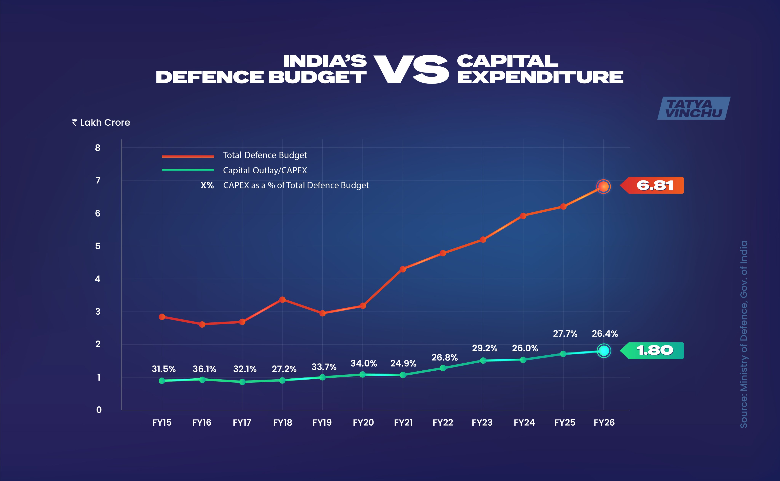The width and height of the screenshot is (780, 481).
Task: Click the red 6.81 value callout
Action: pyautogui.click(x=654, y=185)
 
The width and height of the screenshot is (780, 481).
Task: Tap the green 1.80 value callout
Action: pyautogui.click(x=654, y=351)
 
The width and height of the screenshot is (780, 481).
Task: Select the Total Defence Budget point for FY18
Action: pyautogui.click(x=282, y=300)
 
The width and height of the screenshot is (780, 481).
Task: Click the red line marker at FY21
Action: pyautogui.click(x=403, y=269)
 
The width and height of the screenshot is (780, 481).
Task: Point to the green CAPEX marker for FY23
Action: pyautogui.click(x=483, y=361)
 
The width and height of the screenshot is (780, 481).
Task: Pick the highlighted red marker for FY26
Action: pyautogui.click(x=603, y=186)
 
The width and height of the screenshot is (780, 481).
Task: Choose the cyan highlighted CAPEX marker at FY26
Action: pyautogui.click(x=604, y=351)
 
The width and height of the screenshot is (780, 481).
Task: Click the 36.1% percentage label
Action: pyautogui.click(x=204, y=369)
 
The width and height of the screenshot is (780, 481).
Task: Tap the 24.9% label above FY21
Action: pyautogui.click(x=403, y=363)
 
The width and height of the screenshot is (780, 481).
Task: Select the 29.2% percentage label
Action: pyautogui.click(x=484, y=348)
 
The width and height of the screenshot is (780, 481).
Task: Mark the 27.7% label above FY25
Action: pyautogui.click(x=565, y=333)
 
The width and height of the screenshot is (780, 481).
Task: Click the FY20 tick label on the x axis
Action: pyautogui.click(x=363, y=422)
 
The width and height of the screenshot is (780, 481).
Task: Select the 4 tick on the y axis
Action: pyautogui.click(x=98, y=279)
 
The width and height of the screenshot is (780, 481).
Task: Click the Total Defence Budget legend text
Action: pyautogui.click(x=265, y=155)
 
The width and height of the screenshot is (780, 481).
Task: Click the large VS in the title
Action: pyautogui.click(x=411, y=69)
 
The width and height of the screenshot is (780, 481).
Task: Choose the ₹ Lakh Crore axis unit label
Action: pyautogui.click(x=101, y=122)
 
